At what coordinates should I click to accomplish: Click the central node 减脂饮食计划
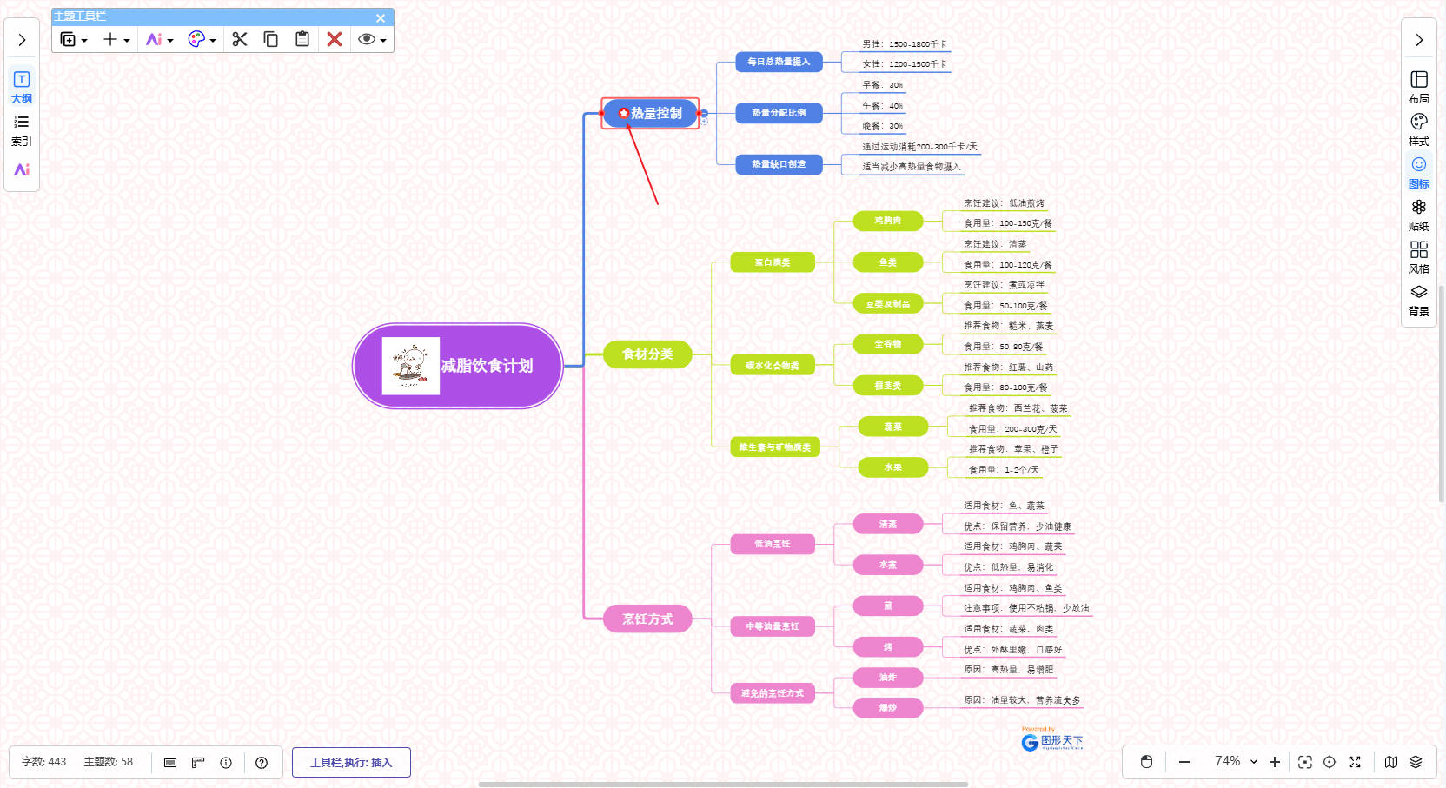pyautogui.click(x=487, y=366)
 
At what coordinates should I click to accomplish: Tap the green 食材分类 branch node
pyautogui.click(x=647, y=354)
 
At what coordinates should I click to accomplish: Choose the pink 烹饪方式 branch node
pyautogui.click(x=647, y=619)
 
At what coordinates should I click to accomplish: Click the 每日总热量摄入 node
pyautogui.click(x=779, y=62)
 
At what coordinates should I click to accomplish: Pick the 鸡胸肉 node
pyautogui.click(x=887, y=221)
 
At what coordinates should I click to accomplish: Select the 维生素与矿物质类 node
pyautogui.click(x=774, y=447)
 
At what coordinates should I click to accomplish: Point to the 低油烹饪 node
pyautogui.click(x=772, y=544)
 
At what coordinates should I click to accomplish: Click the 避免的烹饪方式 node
pyautogui.click(x=772, y=693)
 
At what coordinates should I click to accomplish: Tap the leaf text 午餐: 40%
pyautogui.click(x=882, y=106)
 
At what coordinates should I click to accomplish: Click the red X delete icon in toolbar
pyautogui.click(x=335, y=39)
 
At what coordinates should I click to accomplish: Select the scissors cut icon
pyautogui.click(x=240, y=39)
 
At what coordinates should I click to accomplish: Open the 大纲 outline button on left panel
pyautogui.click(x=22, y=87)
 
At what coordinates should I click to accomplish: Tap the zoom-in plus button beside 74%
pyautogui.click(x=1275, y=762)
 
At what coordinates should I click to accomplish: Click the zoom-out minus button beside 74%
pyautogui.click(x=1184, y=762)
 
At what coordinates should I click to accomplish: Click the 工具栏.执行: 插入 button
pyautogui.click(x=351, y=762)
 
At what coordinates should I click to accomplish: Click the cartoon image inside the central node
pyautogui.click(x=410, y=366)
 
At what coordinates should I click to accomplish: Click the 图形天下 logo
pyautogui.click(x=1052, y=741)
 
